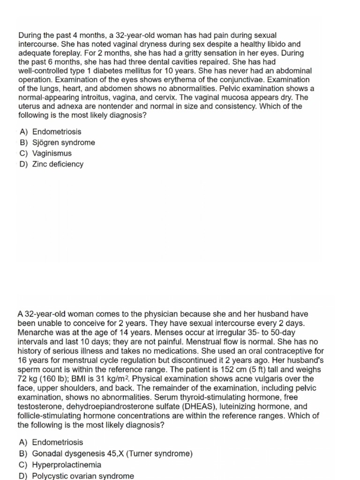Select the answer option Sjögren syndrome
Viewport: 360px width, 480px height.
click(63, 142)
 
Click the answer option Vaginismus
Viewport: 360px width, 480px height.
click(52, 153)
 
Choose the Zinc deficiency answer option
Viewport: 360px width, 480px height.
click(58, 164)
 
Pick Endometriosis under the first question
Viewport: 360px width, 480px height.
click(56, 132)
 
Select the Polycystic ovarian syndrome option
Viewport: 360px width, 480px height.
click(82, 476)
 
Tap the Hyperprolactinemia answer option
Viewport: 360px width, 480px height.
click(66, 465)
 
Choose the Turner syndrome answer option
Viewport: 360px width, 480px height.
click(112, 453)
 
